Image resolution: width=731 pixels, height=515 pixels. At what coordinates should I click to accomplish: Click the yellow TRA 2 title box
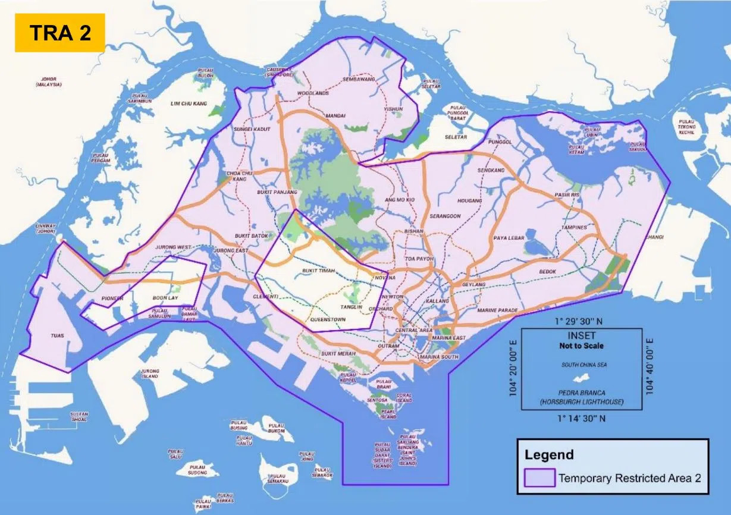point(60,33)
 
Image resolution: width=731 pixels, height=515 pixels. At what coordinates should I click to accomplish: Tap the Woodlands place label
point(313,94)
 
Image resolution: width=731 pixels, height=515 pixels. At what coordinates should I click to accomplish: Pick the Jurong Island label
point(150,373)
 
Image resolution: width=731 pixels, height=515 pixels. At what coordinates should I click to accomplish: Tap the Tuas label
point(57,336)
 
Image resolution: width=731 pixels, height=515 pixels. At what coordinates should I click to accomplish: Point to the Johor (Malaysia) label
point(49,81)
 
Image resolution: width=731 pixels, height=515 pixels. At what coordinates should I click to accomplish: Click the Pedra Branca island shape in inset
point(581,378)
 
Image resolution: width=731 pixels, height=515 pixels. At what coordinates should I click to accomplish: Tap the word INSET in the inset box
point(581,336)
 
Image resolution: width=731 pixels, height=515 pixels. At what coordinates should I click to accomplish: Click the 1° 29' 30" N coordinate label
point(581,321)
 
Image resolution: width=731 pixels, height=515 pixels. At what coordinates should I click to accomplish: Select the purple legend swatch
point(539,477)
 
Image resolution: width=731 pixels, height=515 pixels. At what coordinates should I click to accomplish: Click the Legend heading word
point(549,455)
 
